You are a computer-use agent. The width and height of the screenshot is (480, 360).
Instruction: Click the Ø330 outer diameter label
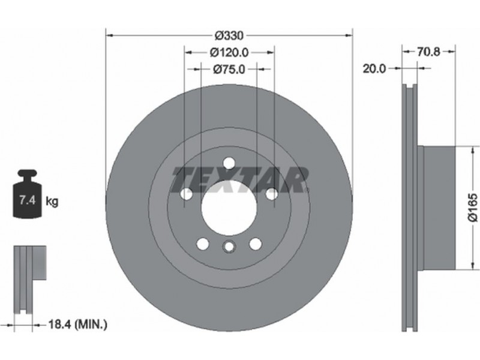229,36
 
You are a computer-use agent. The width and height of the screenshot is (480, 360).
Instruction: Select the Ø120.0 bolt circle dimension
229,53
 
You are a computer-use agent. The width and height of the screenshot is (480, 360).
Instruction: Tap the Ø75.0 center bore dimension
229,70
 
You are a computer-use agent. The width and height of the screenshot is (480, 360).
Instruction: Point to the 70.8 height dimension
428,52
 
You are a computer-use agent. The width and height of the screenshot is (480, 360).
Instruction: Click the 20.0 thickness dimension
374,68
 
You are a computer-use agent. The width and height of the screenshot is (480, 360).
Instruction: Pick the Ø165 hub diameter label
473,207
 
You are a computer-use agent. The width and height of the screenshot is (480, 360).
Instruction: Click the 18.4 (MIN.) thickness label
78,324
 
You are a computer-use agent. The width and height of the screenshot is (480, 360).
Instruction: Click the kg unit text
52,202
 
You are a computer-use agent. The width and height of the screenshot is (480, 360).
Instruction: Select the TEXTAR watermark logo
240,180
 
